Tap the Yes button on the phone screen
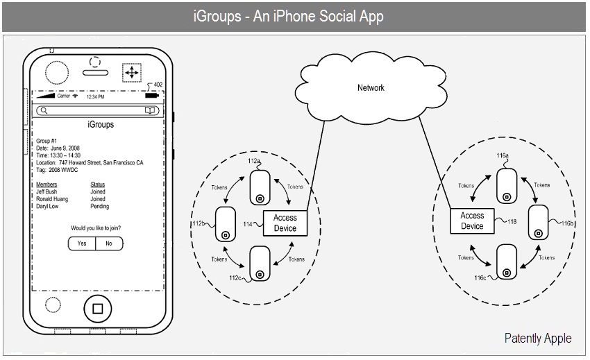tap(82, 243)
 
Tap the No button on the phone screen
tap(109, 243)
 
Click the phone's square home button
tap(97, 309)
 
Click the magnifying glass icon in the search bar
tap(44, 110)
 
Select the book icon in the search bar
tap(150, 110)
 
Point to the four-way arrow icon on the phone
tap(132, 72)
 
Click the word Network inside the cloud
tap(371, 87)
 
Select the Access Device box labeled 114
tap(285, 223)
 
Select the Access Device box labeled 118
tap(472, 221)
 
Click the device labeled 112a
tap(260, 187)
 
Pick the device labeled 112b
tap(226, 224)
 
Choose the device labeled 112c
tap(260, 264)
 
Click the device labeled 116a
tap(507, 186)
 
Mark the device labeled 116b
tap(539, 223)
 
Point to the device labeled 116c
tap(507, 262)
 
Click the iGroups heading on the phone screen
tap(101, 125)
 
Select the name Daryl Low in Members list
tap(47, 206)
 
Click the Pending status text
tap(100, 207)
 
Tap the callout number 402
tap(158, 85)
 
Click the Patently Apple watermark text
tap(538, 338)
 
